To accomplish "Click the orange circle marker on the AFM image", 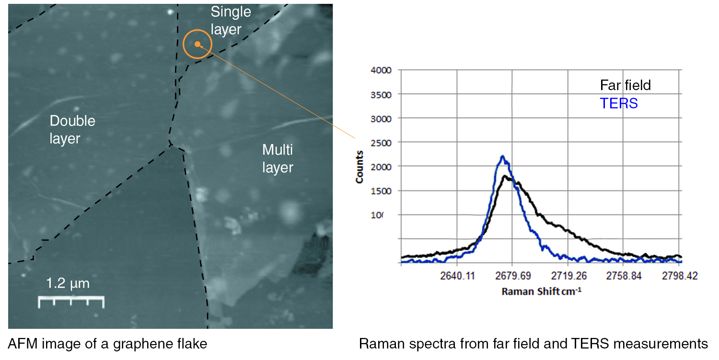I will [x=197, y=44].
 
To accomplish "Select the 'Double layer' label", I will [x=72, y=129].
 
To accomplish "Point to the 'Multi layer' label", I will [x=278, y=159].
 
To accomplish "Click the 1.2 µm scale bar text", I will [x=68, y=283].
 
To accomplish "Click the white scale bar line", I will [x=71, y=299].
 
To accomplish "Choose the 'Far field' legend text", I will [x=626, y=85].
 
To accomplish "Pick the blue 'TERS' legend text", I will [x=619, y=103].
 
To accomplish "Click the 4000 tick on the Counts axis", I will [x=382, y=70].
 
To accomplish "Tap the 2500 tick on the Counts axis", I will [x=382, y=142].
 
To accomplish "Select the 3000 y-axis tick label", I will [x=382, y=118].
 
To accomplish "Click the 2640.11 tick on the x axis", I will [x=457, y=276].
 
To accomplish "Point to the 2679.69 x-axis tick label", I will [x=512, y=276].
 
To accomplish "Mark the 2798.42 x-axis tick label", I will [x=679, y=276].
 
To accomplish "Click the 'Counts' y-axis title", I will [x=359, y=167].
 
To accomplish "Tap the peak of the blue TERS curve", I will [x=502, y=156].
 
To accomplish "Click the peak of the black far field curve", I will [x=505, y=176].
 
